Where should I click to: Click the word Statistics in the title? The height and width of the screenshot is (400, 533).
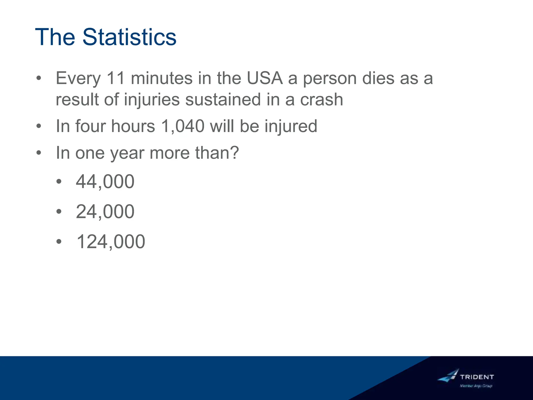click(x=129, y=37)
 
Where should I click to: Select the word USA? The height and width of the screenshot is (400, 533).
click(x=265, y=78)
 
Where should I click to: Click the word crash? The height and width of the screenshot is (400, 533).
click(x=322, y=100)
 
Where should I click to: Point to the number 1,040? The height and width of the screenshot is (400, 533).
click(x=183, y=126)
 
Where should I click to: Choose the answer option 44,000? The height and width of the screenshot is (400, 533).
click(x=105, y=182)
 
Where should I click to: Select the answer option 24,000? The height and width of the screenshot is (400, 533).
click(x=105, y=211)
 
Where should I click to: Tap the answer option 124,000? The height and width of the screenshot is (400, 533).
click(x=111, y=242)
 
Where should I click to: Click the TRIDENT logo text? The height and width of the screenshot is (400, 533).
click(x=477, y=377)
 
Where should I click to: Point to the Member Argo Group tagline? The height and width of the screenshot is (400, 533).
click(x=476, y=386)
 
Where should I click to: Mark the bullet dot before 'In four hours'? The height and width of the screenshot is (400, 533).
click(x=39, y=126)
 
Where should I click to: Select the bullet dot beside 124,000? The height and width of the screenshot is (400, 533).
click(x=59, y=242)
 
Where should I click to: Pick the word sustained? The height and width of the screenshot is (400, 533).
click(x=223, y=100)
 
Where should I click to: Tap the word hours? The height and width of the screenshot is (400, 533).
click(x=133, y=126)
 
